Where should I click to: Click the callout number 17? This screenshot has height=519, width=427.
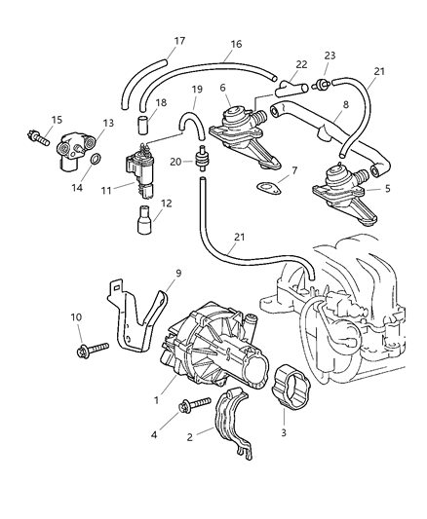179,41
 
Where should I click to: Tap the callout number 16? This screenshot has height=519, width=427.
236,45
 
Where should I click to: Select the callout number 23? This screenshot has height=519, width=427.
330,56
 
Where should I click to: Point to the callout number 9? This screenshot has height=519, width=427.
177,274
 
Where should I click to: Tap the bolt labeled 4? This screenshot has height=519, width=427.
194,405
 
